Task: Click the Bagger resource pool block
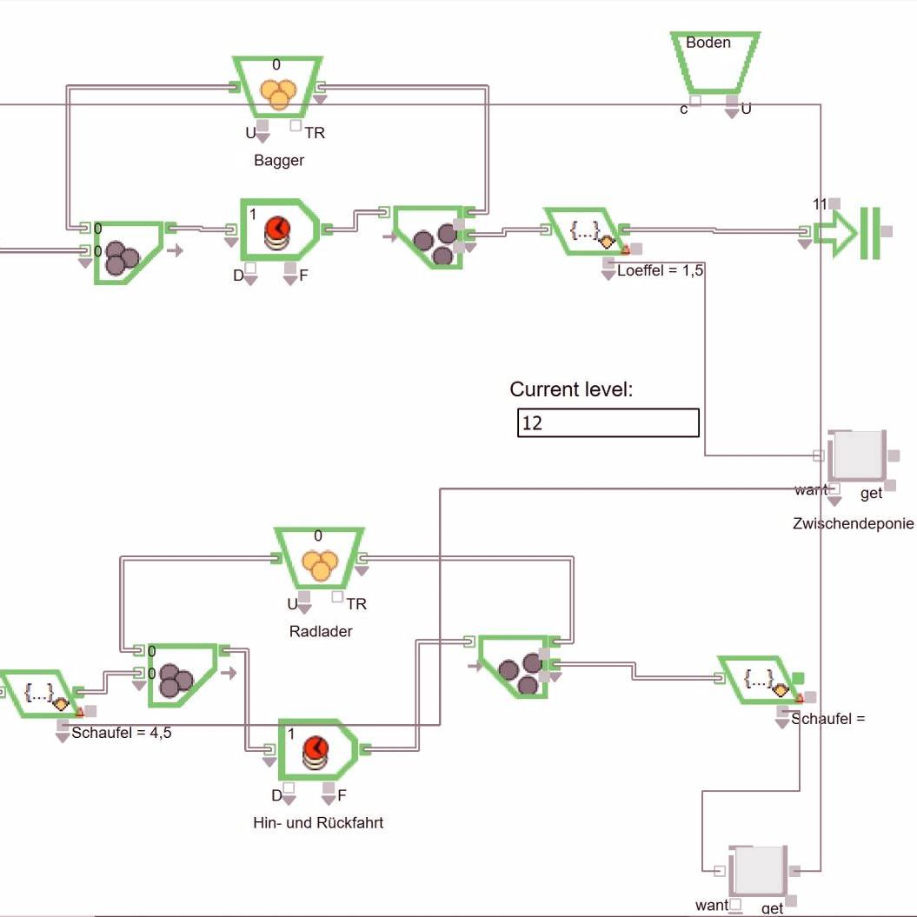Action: (x=277, y=88)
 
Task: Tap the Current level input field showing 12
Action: (x=608, y=423)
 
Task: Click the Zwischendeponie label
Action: (x=853, y=523)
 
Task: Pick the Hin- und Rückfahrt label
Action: (x=317, y=822)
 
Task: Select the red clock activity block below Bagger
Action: (x=278, y=229)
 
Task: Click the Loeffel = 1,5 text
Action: (x=660, y=271)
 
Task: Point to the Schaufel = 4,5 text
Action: (x=121, y=733)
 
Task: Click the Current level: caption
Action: (x=571, y=389)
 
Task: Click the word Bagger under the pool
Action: (x=279, y=160)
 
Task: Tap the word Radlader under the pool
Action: (x=321, y=632)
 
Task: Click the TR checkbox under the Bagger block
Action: (x=296, y=126)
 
